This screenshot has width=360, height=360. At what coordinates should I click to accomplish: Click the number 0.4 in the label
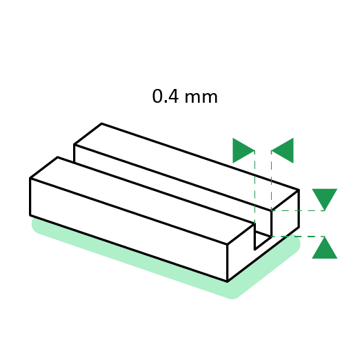166,97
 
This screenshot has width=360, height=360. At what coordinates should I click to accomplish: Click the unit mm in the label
201,97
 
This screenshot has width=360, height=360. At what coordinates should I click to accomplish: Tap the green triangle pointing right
243,150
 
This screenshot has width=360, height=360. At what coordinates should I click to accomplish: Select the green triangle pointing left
283,150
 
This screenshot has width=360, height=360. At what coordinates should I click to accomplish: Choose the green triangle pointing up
325,248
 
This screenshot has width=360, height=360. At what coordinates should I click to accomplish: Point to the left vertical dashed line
254,187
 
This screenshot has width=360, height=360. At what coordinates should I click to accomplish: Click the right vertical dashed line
271,181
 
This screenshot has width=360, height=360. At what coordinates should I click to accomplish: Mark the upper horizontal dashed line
298,210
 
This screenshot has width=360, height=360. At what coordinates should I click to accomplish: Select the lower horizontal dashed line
298,237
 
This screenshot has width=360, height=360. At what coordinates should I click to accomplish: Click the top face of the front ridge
142,200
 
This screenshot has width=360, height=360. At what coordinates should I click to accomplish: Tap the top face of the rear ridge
186,167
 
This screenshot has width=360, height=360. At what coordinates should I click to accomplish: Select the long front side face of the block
129,230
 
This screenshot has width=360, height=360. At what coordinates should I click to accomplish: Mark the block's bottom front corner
228,281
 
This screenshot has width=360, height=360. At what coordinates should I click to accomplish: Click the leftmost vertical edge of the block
30,197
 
